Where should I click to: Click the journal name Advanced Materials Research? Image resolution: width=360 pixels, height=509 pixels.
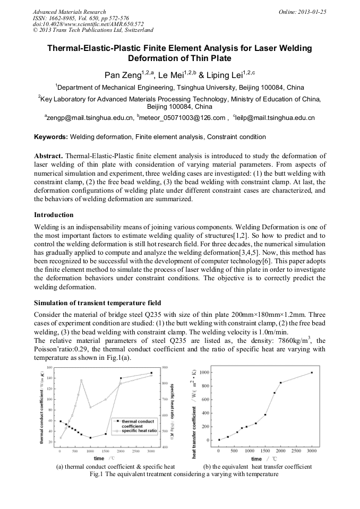click(69, 12)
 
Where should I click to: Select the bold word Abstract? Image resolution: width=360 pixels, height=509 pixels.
click(49, 157)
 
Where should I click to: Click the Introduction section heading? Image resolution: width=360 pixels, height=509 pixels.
click(54, 215)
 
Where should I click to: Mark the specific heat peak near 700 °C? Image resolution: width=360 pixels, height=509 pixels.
click(81, 381)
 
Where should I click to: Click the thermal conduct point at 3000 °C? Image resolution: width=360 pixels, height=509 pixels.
click(151, 373)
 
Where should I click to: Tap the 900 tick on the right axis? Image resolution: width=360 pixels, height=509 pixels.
click(165, 367)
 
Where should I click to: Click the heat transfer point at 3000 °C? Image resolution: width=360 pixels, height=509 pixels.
click(312, 373)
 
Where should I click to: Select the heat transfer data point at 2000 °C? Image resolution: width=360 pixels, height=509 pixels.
click(281, 383)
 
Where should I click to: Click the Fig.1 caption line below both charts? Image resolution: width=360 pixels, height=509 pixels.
click(180, 473)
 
